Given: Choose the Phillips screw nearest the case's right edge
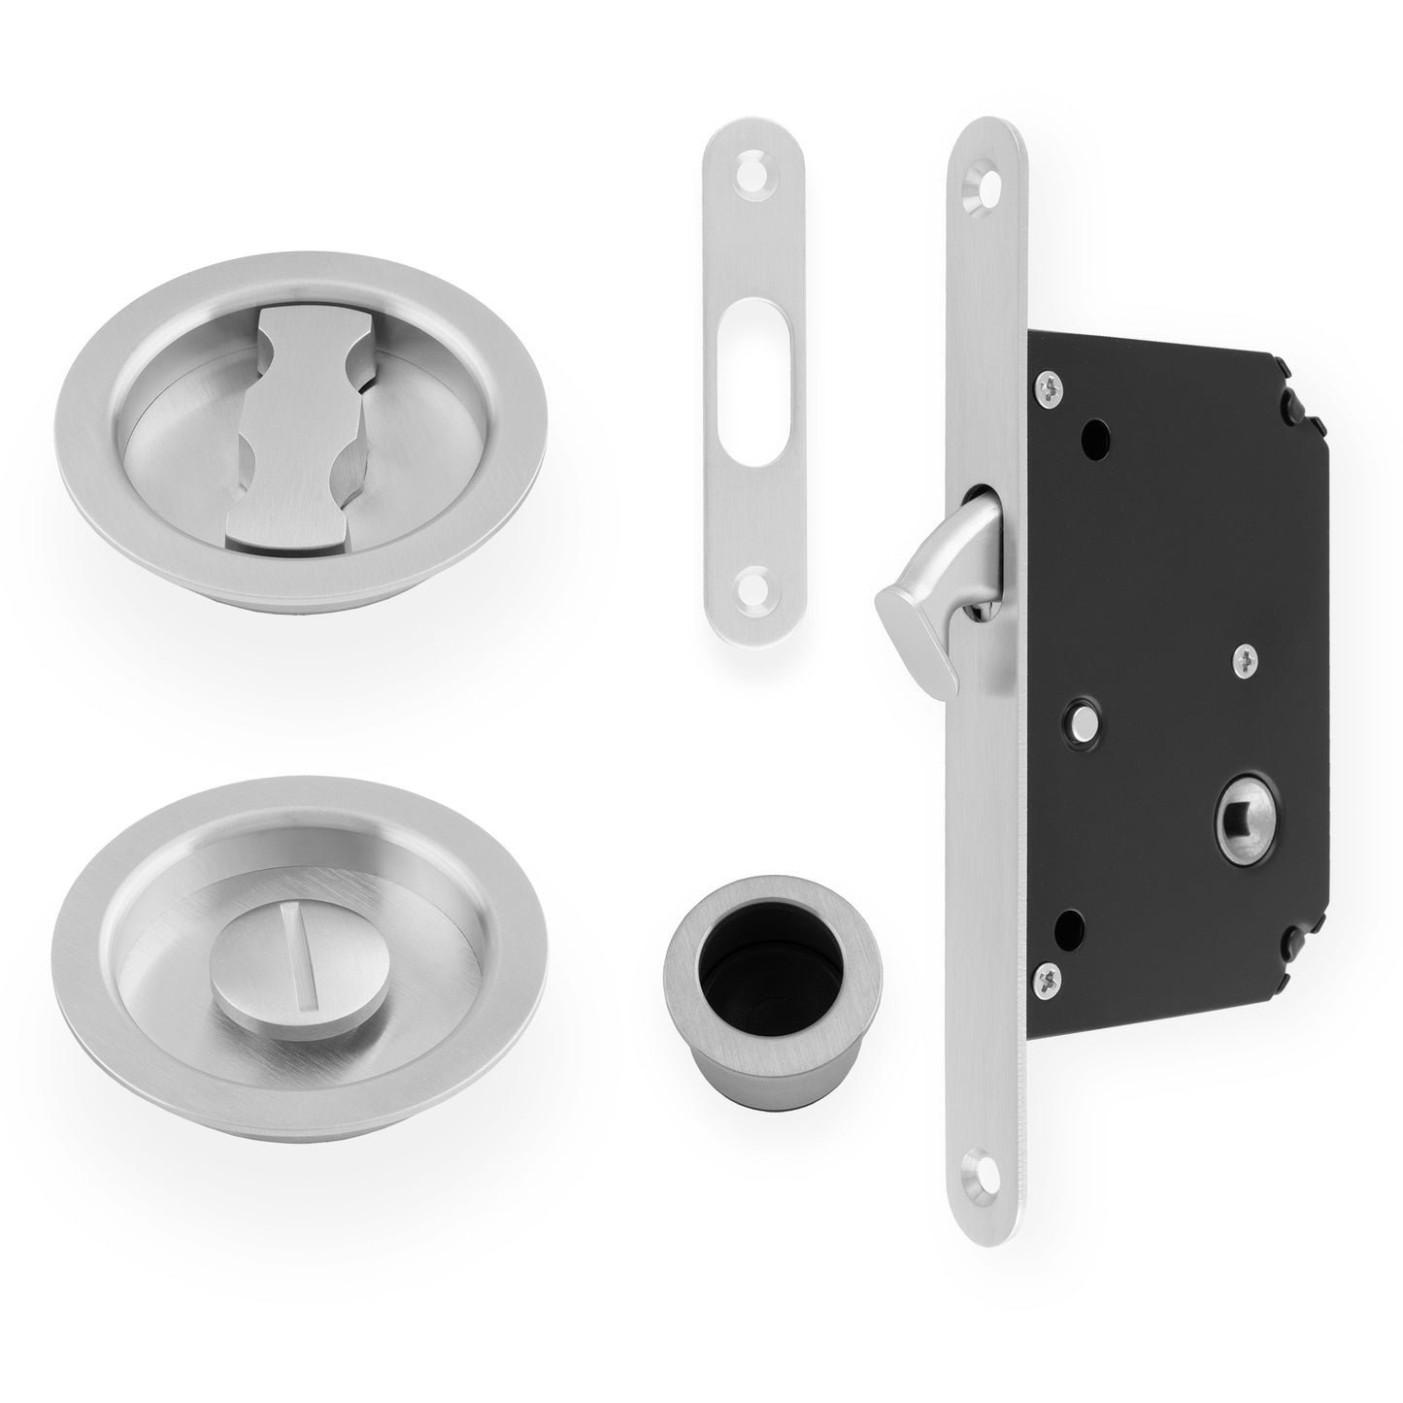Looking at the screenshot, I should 1246,661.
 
